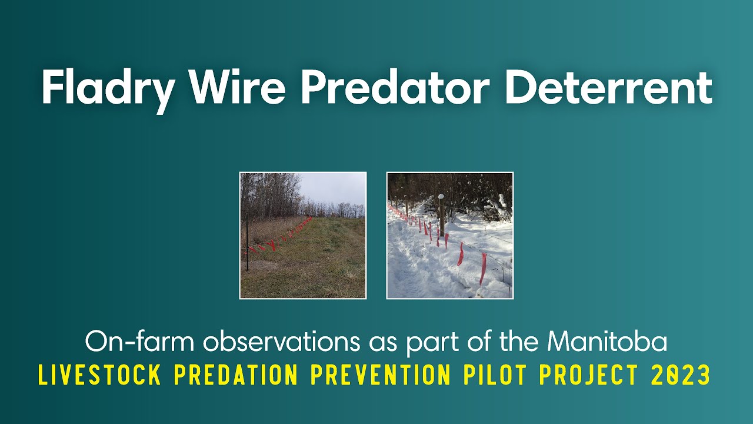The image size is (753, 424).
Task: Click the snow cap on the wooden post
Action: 441,197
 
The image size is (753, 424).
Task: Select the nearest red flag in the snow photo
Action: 483,268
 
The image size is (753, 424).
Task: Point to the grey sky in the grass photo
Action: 335,188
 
